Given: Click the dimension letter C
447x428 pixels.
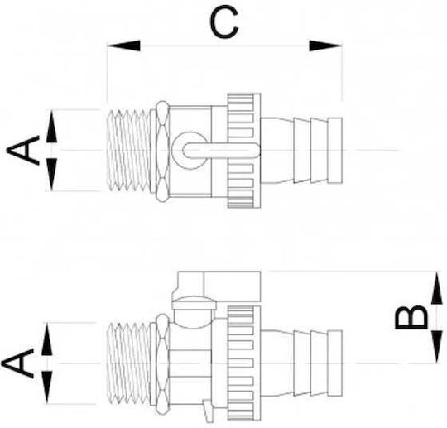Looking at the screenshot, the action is click(223, 22).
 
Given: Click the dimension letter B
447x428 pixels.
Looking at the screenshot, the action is click(411, 317).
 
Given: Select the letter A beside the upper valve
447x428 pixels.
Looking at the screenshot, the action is click(23, 151).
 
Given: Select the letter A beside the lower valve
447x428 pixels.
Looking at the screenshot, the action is click(17, 363).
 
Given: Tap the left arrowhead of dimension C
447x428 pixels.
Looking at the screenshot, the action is click(123, 46).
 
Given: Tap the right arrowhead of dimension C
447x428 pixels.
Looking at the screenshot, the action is click(325, 46).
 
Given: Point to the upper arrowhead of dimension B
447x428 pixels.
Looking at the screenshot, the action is click(437, 288).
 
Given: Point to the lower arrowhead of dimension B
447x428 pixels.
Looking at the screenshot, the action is click(437, 347).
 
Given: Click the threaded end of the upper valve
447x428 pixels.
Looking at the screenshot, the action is click(128, 151).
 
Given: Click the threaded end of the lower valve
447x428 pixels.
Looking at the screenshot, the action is click(128, 363).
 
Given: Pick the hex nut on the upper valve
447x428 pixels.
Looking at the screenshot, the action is click(162, 151).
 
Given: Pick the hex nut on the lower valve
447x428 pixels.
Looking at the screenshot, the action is click(162, 364).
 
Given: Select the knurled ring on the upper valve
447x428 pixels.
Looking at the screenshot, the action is click(244, 151).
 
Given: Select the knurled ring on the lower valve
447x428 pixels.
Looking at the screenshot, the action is click(244, 363).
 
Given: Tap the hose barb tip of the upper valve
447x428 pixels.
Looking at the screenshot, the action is click(335, 151).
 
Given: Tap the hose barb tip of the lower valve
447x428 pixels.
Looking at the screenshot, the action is click(335, 363).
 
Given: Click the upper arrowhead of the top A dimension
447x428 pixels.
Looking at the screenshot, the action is click(51, 127).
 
